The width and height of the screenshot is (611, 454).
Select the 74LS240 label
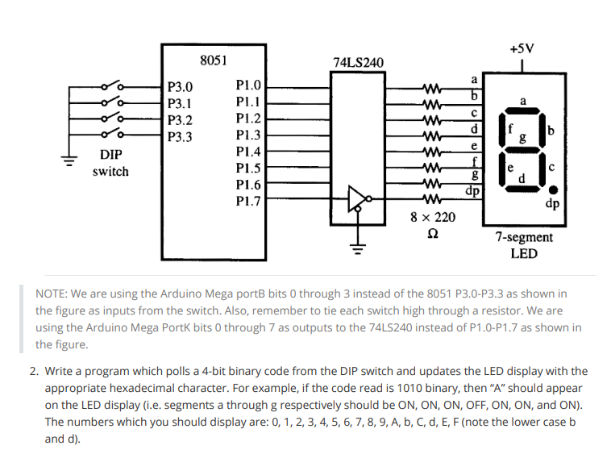[358, 63]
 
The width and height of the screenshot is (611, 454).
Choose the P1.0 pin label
[248, 85]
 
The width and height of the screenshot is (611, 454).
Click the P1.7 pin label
[248, 202]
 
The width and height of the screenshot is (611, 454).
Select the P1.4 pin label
[248, 152]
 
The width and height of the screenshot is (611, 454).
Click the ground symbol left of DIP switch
[72, 159]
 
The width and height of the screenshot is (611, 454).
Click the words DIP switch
[110, 163]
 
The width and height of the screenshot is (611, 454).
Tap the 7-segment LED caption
[524, 245]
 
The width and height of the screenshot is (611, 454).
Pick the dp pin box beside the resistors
[475, 192]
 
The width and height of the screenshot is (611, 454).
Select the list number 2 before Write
[33, 371]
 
